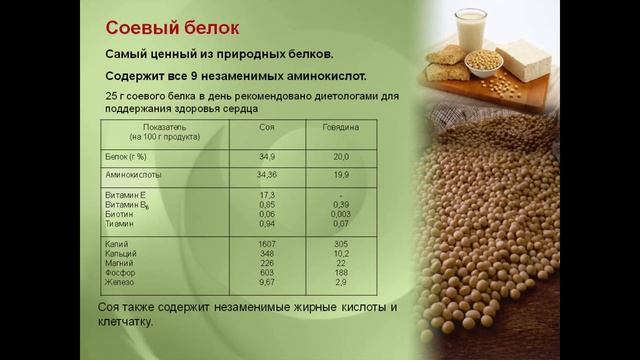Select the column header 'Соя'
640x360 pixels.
pyautogui.click(x=267, y=128)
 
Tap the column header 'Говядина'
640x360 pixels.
pyautogui.click(x=340, y=128)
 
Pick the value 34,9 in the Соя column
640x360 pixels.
pyautogui.click(x=267, y=157)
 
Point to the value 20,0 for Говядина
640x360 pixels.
pyautogui.click(x=341, y=157)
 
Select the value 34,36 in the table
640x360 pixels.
pyautogui.click(x=267, y=175)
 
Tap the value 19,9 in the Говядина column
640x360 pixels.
pyautogui.click(x=341, y=175)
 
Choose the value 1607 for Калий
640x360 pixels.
pyautogui.click(x=267, y=244)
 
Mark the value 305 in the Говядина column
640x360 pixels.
pyautogui.click(x=341, y=244)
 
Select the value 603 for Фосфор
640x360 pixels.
pyautogui.click(x=267, y=272)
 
